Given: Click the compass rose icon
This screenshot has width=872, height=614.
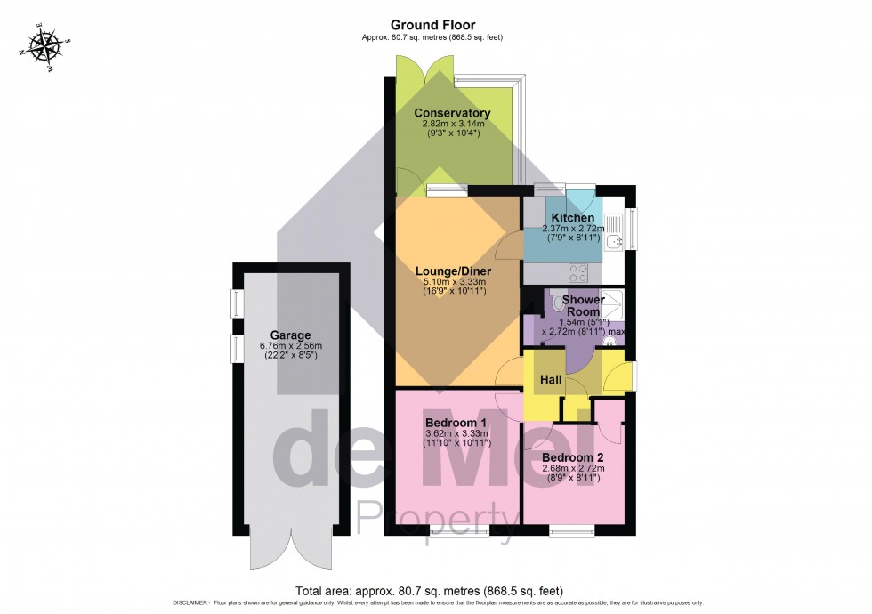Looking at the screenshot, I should (x=43, y=45).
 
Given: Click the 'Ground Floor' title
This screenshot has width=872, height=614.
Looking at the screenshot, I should (x=434, y=25).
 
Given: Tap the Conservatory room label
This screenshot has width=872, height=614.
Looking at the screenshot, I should (x=452, y=113).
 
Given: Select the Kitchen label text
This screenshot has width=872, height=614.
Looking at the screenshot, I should (x=573, y=218).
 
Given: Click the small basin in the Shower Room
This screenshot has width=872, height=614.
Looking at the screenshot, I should (x=610, y=339).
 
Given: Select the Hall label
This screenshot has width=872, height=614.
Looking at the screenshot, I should (x=550, y=380).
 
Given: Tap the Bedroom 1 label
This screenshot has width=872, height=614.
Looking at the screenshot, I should (x=456, y=422).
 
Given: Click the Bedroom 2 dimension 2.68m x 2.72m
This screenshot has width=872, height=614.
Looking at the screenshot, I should (x=573, y=469).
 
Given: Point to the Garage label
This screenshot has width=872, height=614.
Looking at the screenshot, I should (x=290, y=335).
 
